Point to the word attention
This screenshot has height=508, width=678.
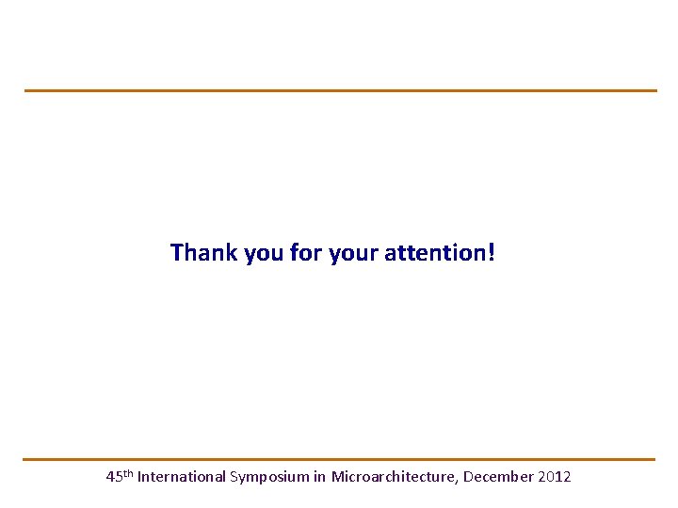tap(435, 253)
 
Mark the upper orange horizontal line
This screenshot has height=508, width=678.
tap(339, 90)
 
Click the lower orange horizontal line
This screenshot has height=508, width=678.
tap(339, 459)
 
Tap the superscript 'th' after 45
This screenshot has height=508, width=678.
tap(128, 473)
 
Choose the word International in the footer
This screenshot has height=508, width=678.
tap(182, 477)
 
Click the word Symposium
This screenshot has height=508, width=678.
tap(269, 478)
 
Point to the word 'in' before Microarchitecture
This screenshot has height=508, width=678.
tap(320, 477)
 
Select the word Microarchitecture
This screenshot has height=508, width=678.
tap(394, 477)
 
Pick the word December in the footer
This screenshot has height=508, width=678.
tap(499, 477)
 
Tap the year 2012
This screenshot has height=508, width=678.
tap(555, 477)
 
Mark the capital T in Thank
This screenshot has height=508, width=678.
tap(177, 253)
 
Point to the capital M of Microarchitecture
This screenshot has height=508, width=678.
tap(337, 477)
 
